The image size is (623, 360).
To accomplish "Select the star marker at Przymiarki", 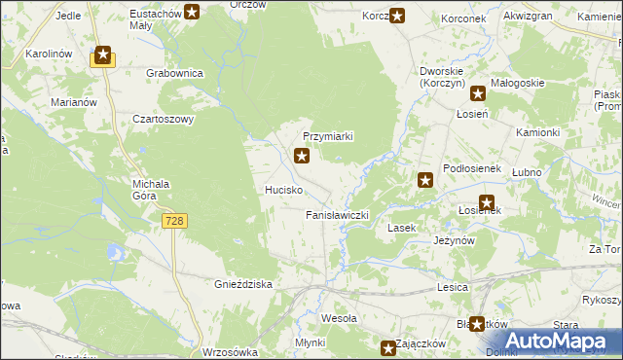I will click(303, 155).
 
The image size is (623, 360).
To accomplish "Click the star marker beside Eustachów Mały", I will click(193, 13).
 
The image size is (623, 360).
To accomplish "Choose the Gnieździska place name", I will click(241, 284).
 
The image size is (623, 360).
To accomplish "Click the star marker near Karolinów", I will click(103, 55).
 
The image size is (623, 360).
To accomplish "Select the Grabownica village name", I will click(174, 73).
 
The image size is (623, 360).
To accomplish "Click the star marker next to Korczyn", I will click(397, 15).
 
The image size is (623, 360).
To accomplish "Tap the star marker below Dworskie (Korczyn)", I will click(478, 94).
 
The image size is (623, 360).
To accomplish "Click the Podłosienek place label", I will click(471, 168).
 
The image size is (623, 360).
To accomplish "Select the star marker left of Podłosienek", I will click(425, 179).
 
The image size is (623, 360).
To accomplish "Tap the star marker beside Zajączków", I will click(388, 346).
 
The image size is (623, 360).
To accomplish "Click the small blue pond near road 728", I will click(117, 254).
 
